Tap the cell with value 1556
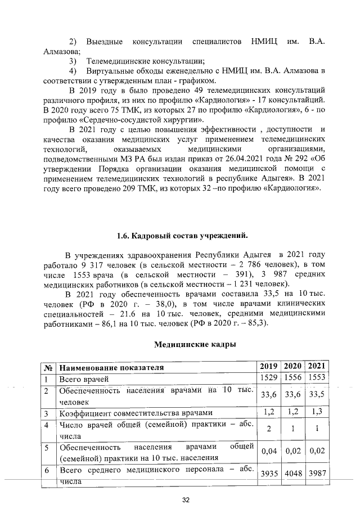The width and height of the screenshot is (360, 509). (x=293, y=380)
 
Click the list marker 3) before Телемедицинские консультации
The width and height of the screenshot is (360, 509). (x=73, y=61)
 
